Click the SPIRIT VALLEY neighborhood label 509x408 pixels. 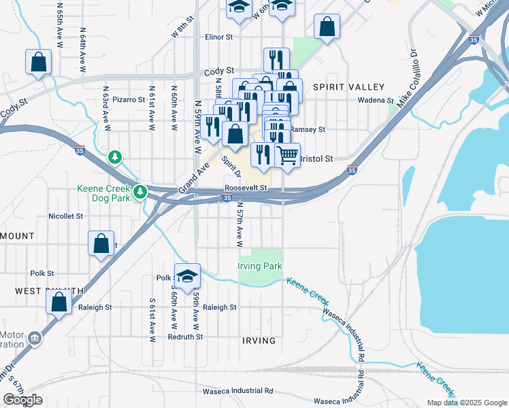click(348, 87)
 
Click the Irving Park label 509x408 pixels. click(259, 266)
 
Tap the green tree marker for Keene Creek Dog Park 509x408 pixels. click(140, 192)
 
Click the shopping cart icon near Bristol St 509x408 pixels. click(288, 155)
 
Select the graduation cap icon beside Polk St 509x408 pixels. click(187, 276)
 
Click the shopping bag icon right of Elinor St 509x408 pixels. click(327, 27)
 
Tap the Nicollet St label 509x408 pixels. click(65, 216)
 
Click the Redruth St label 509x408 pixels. click(186, 337)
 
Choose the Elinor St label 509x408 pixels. click(219, 37)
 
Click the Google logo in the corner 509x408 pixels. click(22, 399)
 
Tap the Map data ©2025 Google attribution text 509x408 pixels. click(466, 403)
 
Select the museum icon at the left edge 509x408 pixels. click(35, 338)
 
